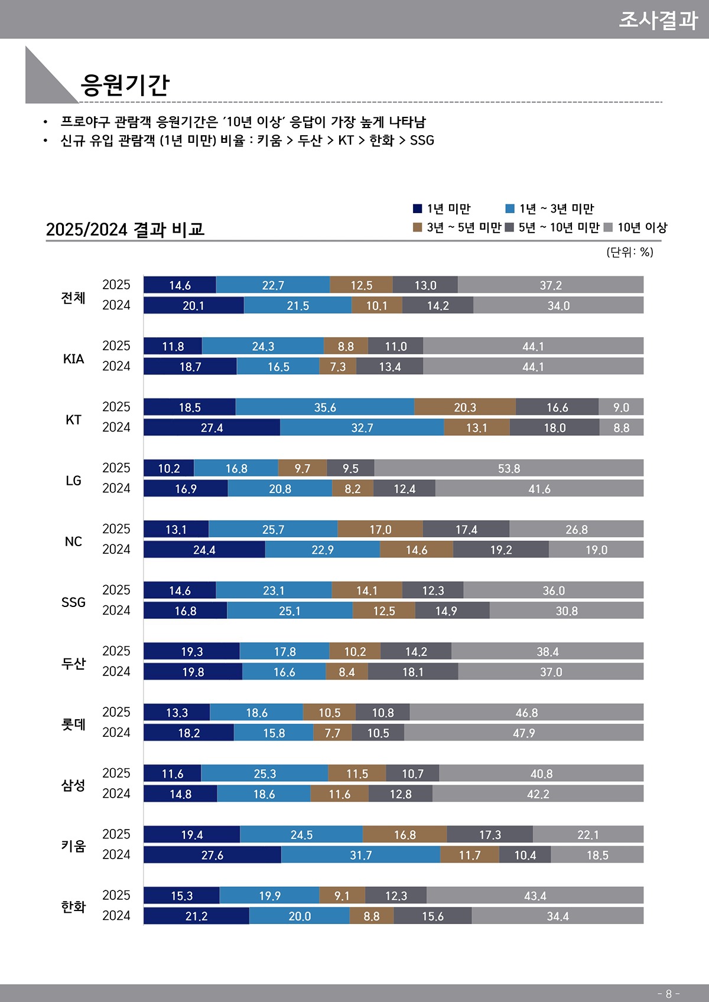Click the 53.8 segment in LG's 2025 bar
point(509,468)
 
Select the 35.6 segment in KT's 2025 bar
point(325,407)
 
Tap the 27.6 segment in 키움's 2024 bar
point(212,855)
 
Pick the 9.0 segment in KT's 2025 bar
point(621,407)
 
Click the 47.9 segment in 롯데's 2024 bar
point(523,733)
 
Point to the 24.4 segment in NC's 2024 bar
point(204,550)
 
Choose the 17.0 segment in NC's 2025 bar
point(380,530)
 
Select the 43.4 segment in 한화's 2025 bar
point(535,896)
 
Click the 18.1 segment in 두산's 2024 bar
point(412,672)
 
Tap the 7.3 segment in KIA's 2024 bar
point(337,367)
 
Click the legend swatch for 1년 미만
point(417,208)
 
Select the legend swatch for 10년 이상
point(608,227)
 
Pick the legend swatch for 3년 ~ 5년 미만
point(417,227)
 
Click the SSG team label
point(73,602)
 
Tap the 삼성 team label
point(73,785)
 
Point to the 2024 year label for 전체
point(116,305)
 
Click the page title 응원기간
point(125,84)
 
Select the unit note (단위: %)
point(629,252)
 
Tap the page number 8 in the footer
point(668,994)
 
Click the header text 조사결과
point(658,19)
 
